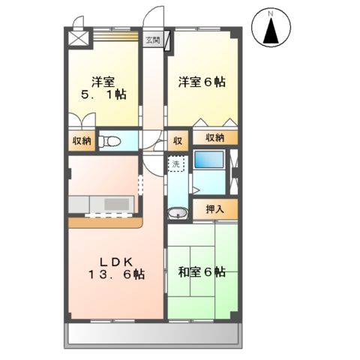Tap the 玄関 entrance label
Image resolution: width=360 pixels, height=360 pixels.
point(152,40)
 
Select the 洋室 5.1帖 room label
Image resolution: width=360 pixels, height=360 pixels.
point(103,88)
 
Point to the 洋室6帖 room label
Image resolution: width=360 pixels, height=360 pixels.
point(202,82)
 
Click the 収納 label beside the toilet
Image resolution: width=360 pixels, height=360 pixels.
point(82,140)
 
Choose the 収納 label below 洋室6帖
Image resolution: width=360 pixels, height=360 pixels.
point(214,137)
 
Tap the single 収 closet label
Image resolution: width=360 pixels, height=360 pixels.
point(178,139)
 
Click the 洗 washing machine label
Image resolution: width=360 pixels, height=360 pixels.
point(175,162)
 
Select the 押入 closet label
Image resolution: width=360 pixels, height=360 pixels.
point(214,208)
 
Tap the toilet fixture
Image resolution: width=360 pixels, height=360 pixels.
point(112,139)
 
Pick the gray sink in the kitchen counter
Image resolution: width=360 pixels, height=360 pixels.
point(115,203)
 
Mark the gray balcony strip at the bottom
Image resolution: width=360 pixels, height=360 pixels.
point(154,334)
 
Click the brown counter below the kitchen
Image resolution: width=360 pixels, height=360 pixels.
point(105,222)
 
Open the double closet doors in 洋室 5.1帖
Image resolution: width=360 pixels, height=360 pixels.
point(82,120)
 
